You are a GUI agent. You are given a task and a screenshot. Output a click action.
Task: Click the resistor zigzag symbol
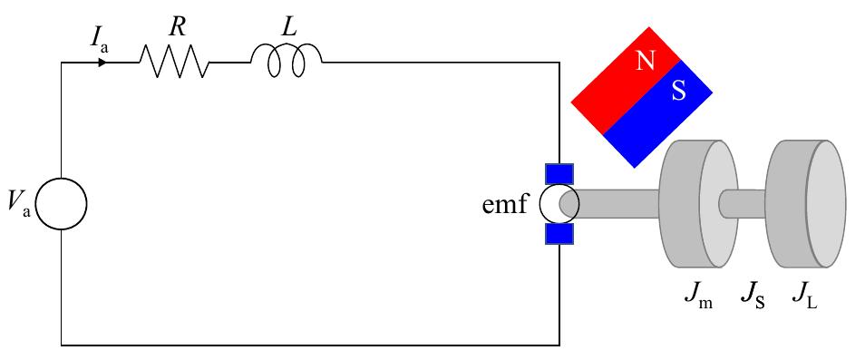[173, 63]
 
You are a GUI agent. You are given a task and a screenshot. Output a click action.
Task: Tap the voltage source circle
[63, 203]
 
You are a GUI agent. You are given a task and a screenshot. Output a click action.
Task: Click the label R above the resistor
[178, 27]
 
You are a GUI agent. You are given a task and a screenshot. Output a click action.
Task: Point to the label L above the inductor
[288, 27]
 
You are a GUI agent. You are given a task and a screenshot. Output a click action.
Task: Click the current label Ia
[101, 38]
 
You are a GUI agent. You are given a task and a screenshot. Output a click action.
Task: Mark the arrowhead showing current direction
[103, 63]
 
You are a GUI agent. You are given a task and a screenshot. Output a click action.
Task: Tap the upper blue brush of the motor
[559, 173]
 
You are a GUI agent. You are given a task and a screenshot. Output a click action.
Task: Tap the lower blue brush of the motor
[559, 234]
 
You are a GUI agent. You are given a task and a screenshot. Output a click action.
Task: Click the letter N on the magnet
[646, 61]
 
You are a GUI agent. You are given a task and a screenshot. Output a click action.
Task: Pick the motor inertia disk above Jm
[698, 204]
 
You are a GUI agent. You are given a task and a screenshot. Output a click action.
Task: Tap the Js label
[752, 297]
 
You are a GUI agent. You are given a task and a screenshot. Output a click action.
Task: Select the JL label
[804, 297]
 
